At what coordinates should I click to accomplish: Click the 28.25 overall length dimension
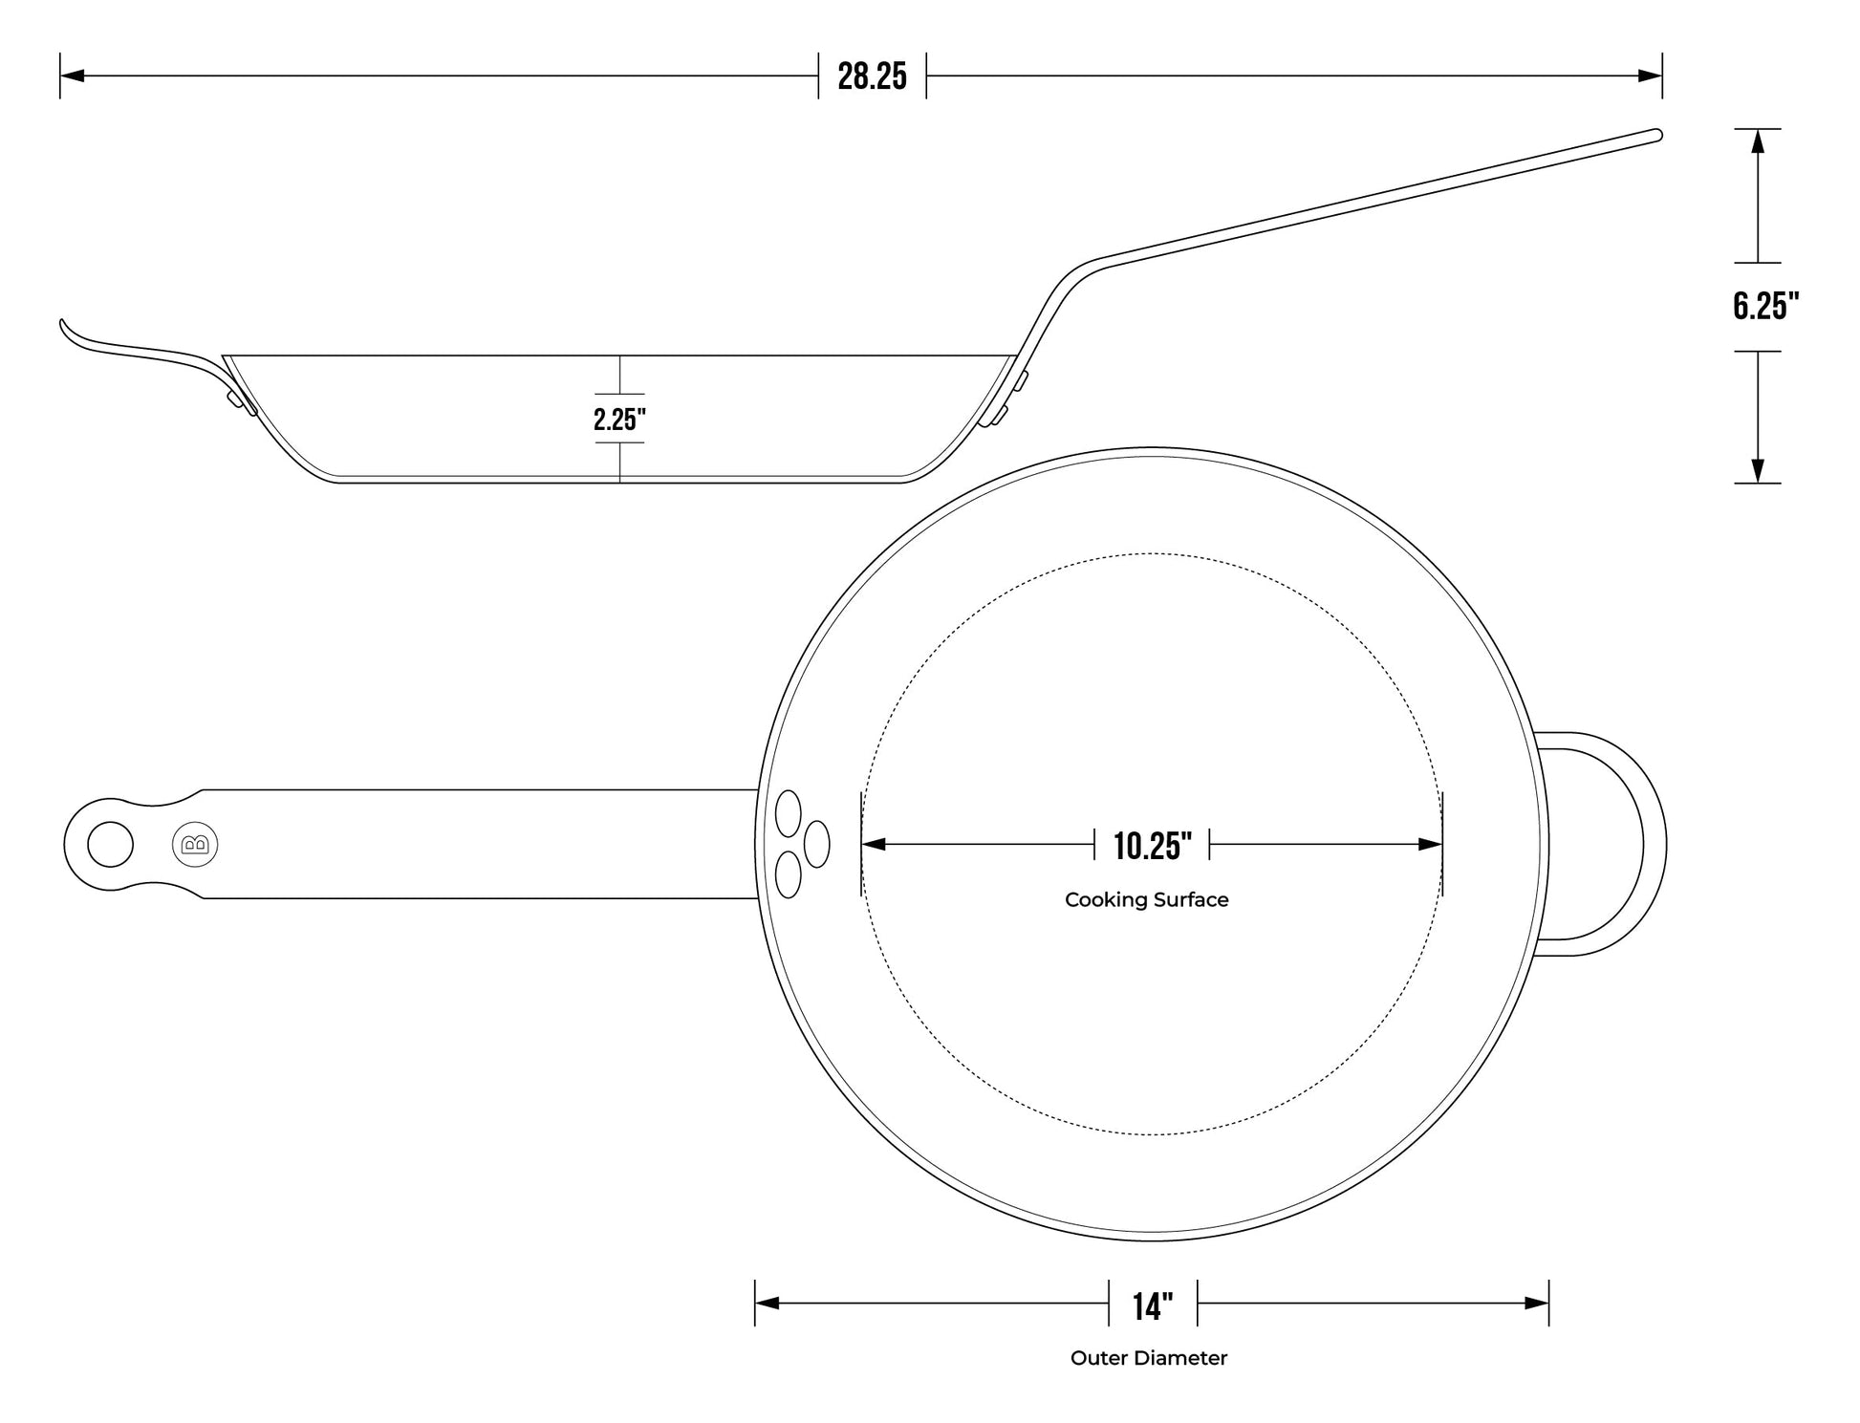(872, 76)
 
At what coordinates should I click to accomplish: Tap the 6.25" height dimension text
(1765, 306)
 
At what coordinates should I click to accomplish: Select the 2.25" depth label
(619, 419)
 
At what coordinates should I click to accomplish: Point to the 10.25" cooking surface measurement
(1152, 846)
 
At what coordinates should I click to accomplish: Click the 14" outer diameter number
(1152, 1305)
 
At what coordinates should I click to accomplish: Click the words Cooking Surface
(1146, 899)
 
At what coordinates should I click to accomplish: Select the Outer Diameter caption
(1148, 1358)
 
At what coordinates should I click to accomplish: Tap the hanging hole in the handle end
(110, 845)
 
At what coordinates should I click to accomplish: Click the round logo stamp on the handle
(195, 845)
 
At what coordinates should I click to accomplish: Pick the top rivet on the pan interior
(788, 812)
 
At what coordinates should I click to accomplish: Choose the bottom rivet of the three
(788, 874)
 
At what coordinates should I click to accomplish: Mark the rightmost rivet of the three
(816, 844)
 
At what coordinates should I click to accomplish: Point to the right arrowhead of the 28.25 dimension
(1651, 75)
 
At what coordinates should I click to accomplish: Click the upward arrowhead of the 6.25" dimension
(1757, 140)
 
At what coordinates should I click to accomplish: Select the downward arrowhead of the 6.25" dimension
(1757, 472)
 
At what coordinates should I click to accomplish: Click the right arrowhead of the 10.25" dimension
(1431, 845)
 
